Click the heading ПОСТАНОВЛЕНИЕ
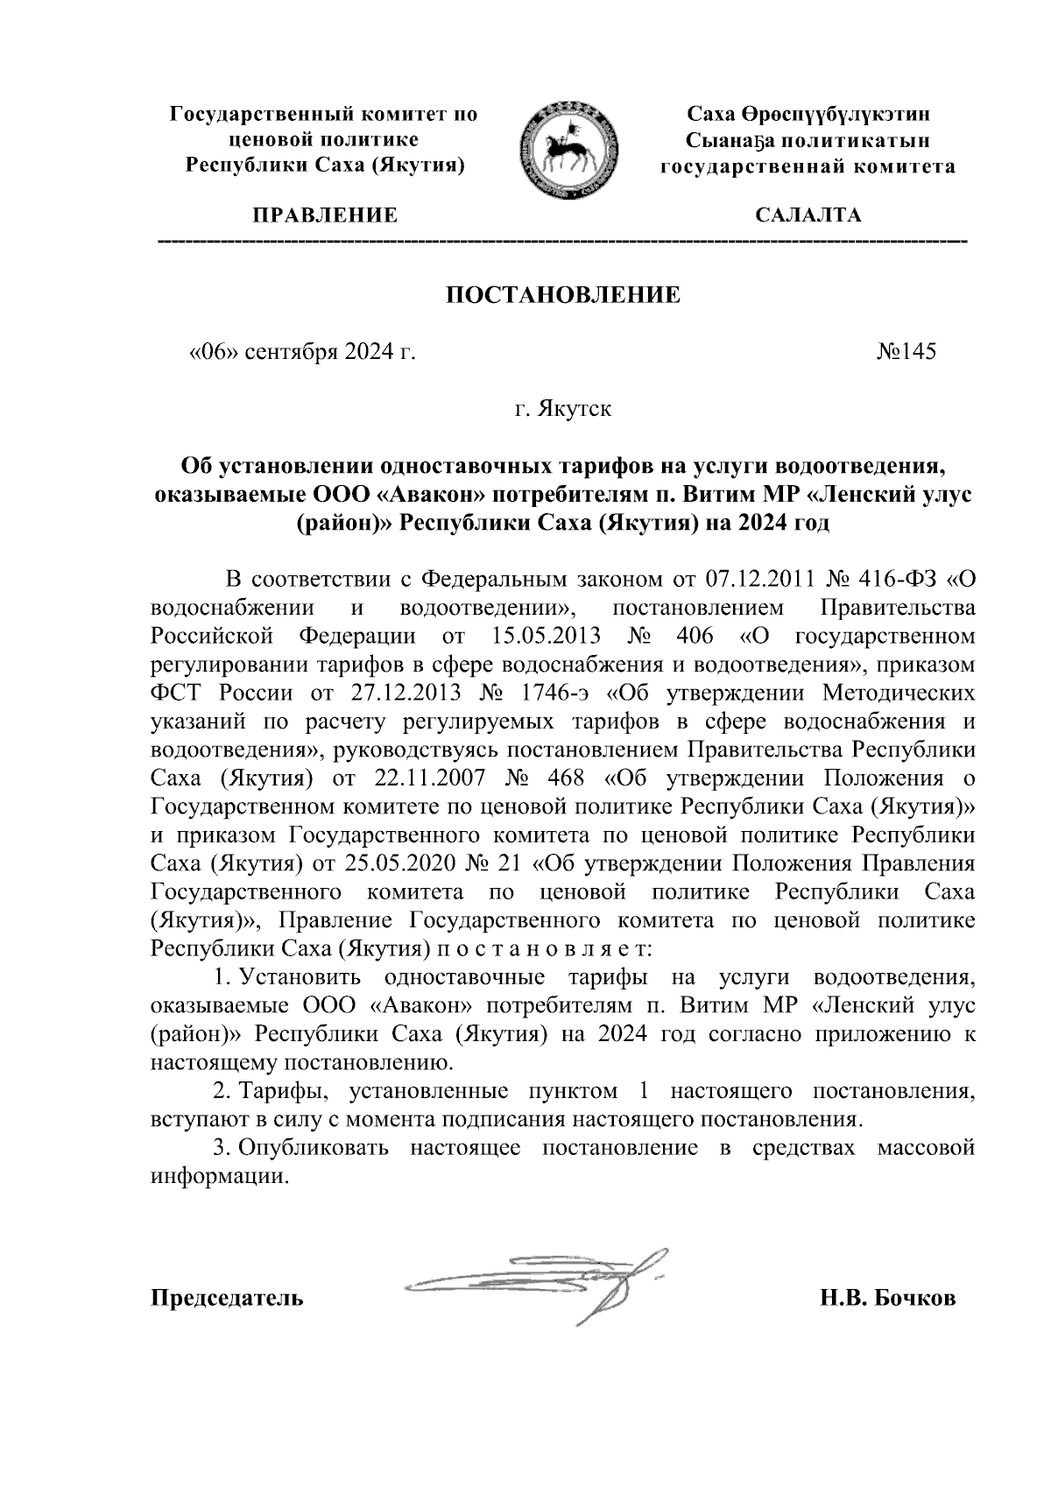click(563, 294)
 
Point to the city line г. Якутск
click(563, 409)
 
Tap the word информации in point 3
click(218, 1176)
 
